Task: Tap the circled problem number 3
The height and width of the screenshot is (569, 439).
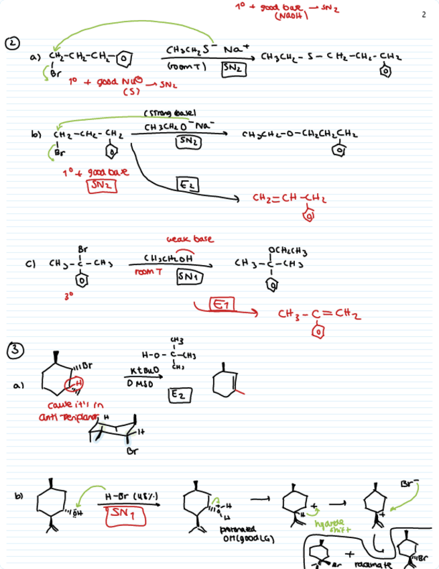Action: pos(13,350)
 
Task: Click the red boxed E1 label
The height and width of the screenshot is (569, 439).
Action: pos(219,305)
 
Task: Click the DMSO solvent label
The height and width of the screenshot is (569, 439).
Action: pos(139,383)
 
